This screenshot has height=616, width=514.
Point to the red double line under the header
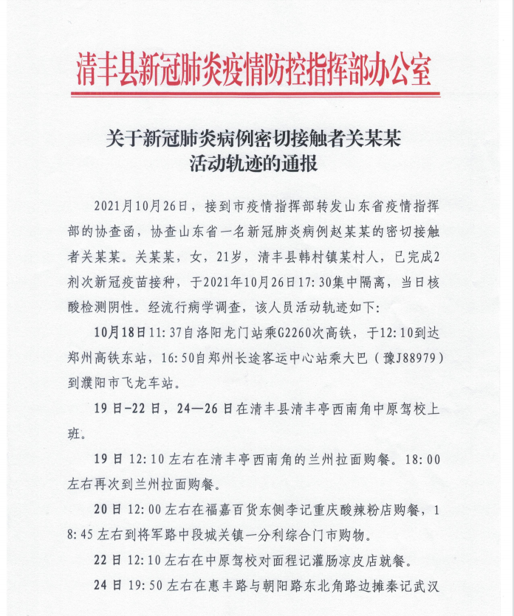coord(256,94)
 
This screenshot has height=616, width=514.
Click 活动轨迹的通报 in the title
coord(253,163)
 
